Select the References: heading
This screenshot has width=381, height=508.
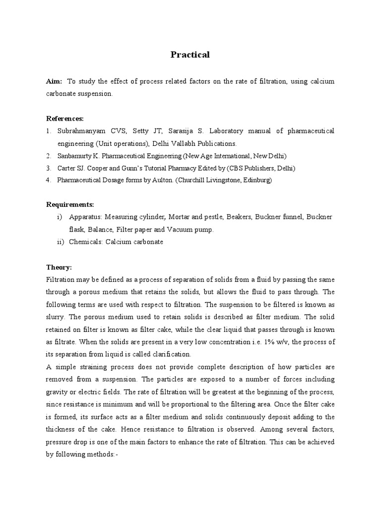click(x=65, y=119)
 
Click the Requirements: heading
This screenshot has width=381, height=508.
click(x=69, y=204)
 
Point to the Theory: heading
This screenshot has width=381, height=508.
click(x=59, y=267)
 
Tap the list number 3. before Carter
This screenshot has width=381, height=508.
click(x=49, y=168)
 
